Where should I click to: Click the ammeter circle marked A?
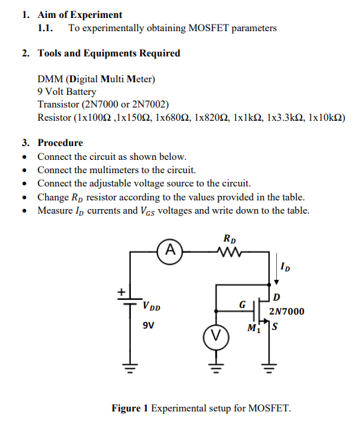click(x=171, y=250)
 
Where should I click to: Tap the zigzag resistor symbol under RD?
click(x=228, y=251)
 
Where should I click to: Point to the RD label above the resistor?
click(x=228, y=238)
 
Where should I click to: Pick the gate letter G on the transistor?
click(x=242, y=305)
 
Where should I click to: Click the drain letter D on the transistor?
click(x=277, y=296)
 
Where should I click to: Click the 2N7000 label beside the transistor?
click(x=287, y=311)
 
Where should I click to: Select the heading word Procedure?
click(x=60, y=143)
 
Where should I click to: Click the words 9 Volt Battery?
click(x=67, y=92)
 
